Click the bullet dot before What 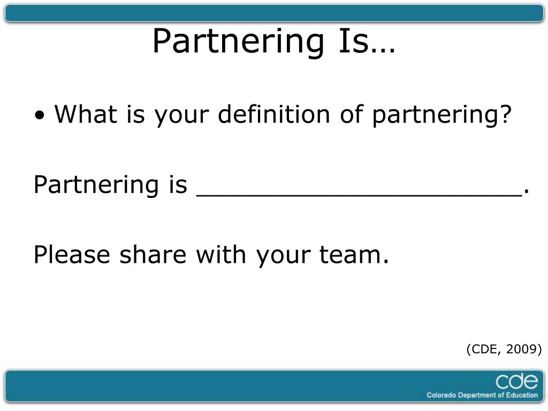tap(41, 116)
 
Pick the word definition tap(278, 115)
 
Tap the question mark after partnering tap(505, 115)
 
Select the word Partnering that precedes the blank tap(93, 185)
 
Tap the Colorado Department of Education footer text tap(482, 395)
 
